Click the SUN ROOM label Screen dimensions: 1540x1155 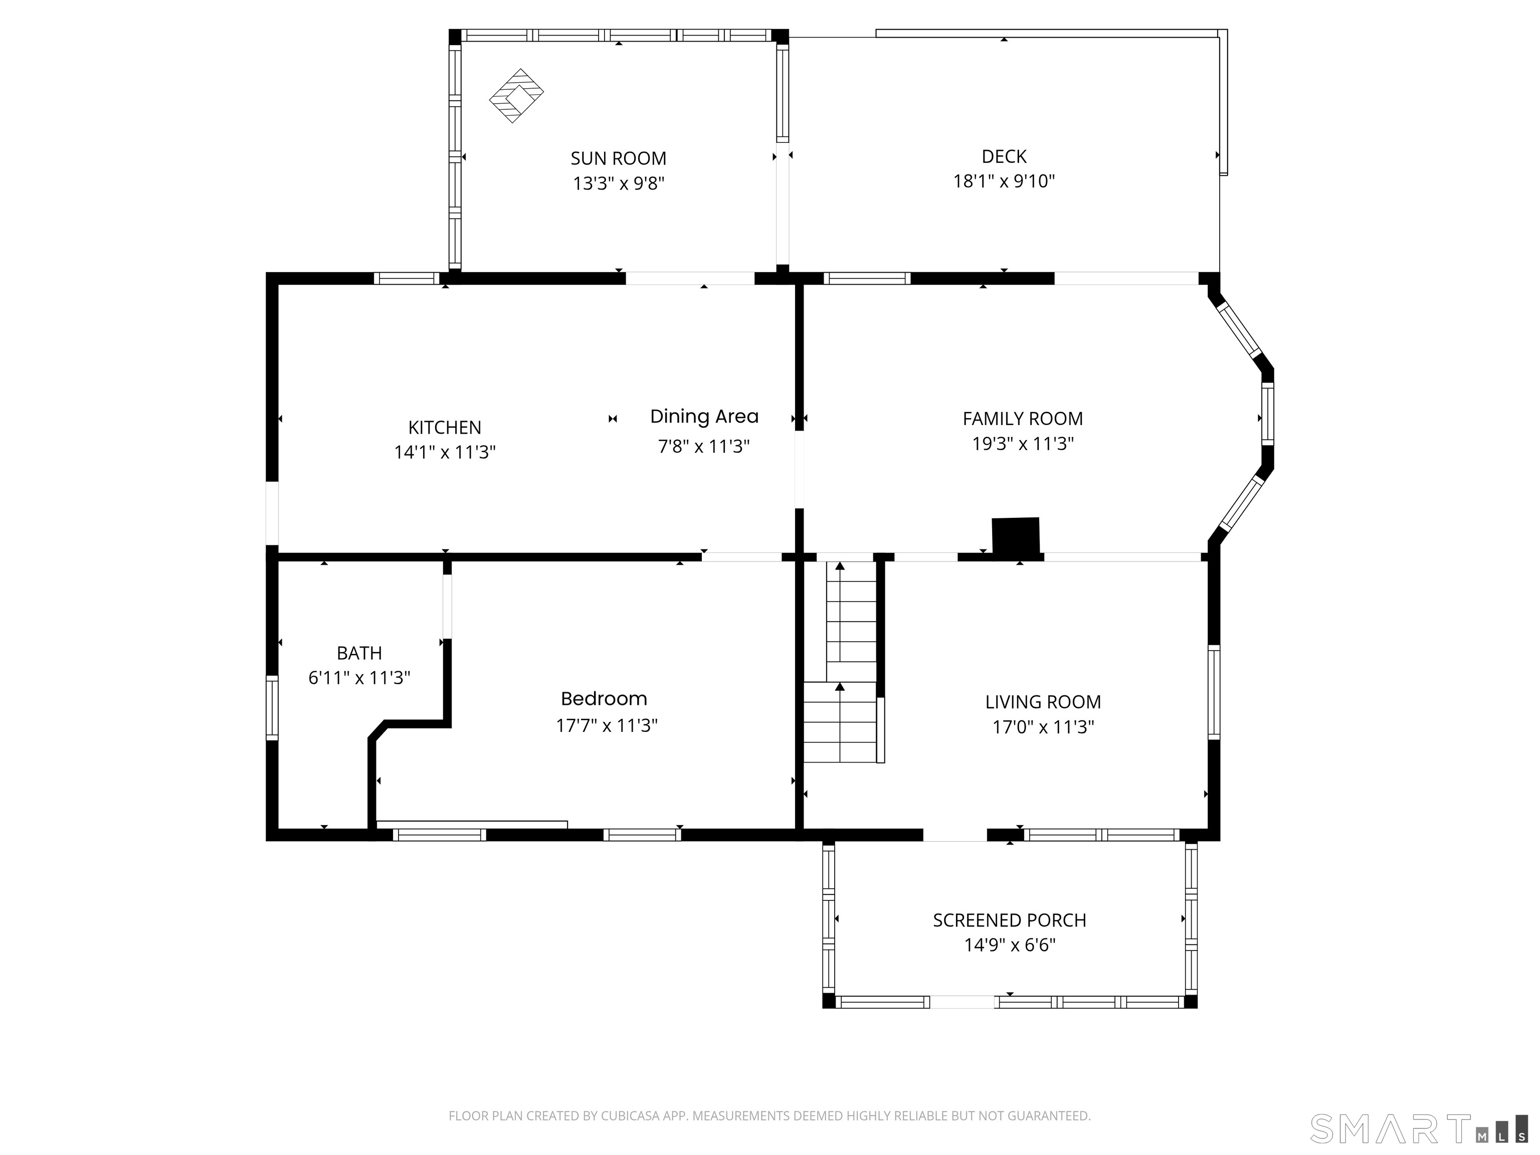tap(618, 159)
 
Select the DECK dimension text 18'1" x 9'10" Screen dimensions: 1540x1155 tap(1004, 181)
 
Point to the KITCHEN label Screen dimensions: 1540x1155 tap(444, 428)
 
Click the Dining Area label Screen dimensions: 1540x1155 tap(704, 416)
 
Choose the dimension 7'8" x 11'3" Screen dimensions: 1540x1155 tap(704, 446)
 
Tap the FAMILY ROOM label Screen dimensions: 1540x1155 tap(1023, 419)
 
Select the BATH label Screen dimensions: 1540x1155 tap(359, 653)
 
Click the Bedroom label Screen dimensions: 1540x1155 tap(604, 699)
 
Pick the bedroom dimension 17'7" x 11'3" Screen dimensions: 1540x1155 tap(607, 725)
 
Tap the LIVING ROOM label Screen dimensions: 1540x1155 tap(1043, 702)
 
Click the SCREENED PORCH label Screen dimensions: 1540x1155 tap(1010, 920)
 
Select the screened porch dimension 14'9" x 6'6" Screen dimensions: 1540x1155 tap(1010, 945)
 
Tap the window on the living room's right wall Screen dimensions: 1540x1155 tap(1214, 691)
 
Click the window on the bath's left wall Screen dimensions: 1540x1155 tap(272, 707)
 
